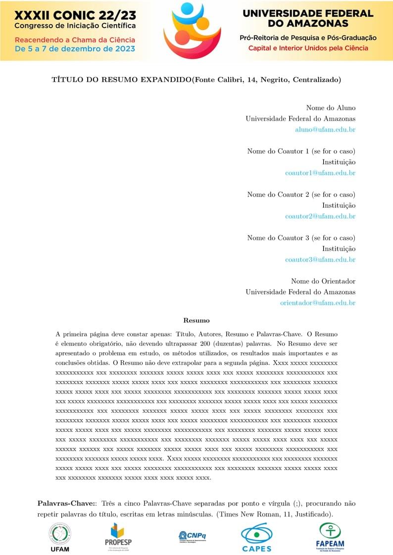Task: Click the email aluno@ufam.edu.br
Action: point(325,129)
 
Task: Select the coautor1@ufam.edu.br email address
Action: point(320,173)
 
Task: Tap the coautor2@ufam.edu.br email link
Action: point(320,216)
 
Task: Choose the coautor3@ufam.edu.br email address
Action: point(320,259)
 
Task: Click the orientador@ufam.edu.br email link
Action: point(318,303)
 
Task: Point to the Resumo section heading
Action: point(196,320)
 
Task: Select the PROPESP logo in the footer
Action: point(118,536)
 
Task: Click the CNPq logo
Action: point(192,537)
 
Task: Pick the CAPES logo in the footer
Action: point(256,537)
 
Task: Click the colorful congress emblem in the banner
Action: point(192,30)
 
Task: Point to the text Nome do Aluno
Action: point(331,108)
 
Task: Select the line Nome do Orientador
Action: point(323,281)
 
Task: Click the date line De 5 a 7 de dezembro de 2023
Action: point(74,49)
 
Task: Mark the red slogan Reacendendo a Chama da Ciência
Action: point(74,40)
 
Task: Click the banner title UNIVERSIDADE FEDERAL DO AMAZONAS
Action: point(307,18)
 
